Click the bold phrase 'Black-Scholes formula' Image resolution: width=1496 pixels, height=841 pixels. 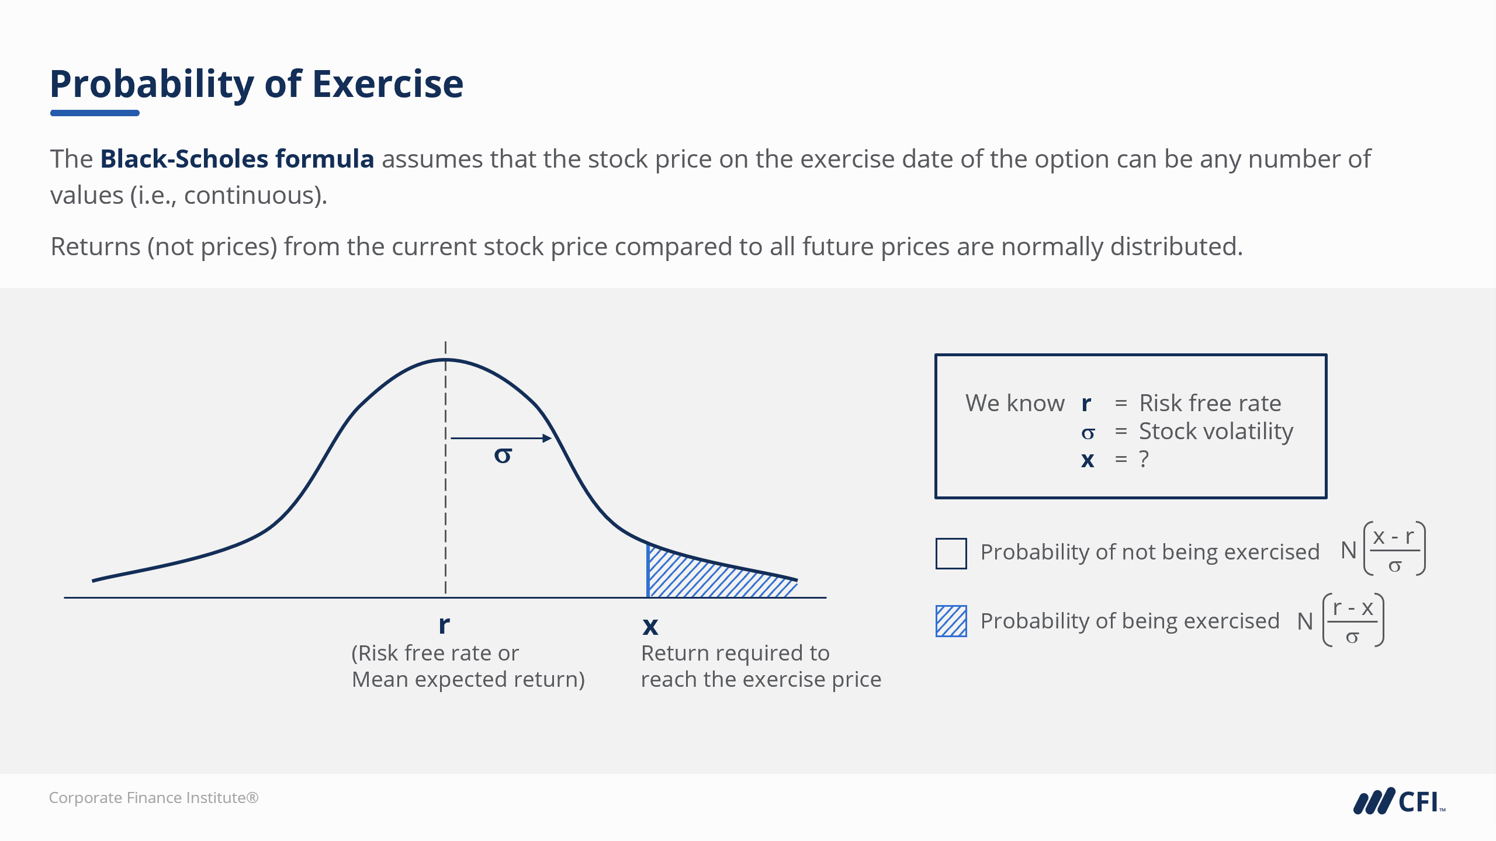point(237,159)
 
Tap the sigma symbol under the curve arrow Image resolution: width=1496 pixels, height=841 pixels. point(503,455)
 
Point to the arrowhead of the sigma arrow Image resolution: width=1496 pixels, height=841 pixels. point(547,438)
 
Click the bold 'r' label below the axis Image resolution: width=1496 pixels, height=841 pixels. point(444,625)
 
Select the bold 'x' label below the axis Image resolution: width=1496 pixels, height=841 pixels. point(650,627)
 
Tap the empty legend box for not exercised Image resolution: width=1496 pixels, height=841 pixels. point(951,553)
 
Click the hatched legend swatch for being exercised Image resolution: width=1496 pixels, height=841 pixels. point(951,621)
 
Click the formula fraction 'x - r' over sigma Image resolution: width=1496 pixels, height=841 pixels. point(1394,550)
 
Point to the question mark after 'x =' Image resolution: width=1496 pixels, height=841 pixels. point(1144,459)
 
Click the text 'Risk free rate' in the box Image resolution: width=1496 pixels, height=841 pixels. point(1210,403)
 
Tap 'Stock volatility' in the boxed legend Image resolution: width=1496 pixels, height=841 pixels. point(1216,432)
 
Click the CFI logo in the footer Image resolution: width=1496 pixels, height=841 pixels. point(1399,801)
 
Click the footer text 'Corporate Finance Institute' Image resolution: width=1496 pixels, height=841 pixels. point(154,798)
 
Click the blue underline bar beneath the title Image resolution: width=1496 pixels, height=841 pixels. point(95,113)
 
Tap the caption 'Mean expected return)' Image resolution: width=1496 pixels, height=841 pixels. point(468,680)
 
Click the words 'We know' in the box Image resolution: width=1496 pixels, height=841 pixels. point(1015,403)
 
